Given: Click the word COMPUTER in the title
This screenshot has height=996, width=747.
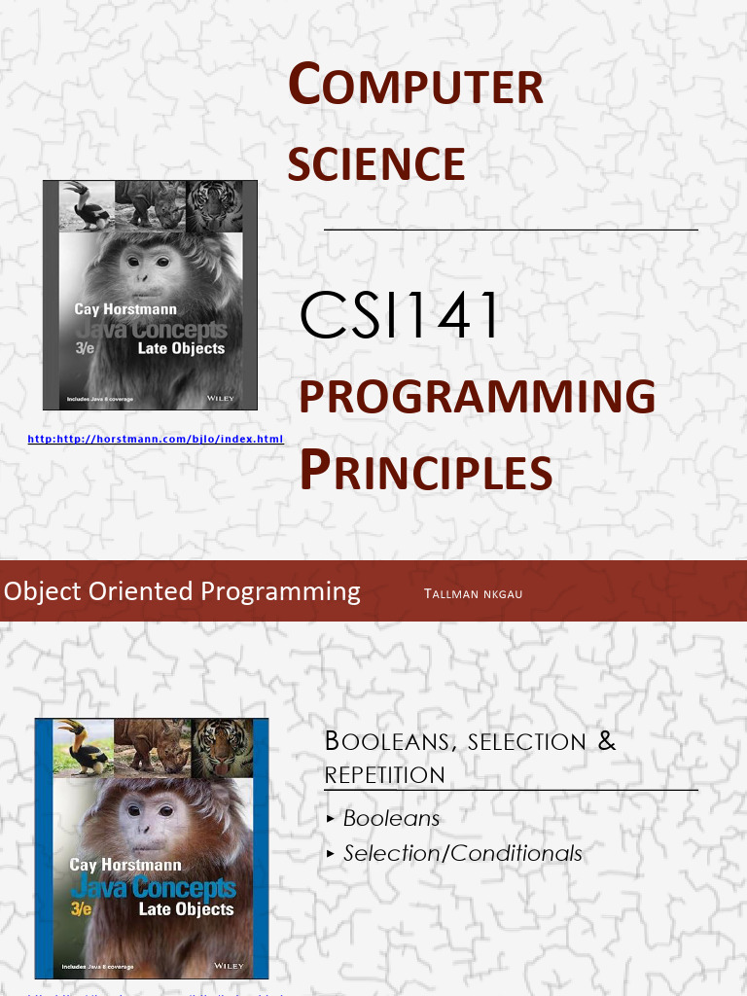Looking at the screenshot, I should click(415, 86).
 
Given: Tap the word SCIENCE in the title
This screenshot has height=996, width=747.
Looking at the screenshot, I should click(376, 163).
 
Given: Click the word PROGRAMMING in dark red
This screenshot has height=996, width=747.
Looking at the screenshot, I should click(477, 397).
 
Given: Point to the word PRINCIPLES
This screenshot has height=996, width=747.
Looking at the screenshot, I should click(425, 471).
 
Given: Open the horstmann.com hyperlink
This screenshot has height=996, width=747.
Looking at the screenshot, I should click(156, 440).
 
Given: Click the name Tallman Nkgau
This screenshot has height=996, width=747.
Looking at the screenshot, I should click(473, 593).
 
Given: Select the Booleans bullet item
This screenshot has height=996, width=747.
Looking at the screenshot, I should click(391, 819).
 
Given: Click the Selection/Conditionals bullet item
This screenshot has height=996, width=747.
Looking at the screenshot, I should click(462, 854).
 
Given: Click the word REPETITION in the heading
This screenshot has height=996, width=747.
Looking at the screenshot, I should click(384, 775).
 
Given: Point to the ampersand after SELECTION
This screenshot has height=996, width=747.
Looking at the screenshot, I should click(607, 741).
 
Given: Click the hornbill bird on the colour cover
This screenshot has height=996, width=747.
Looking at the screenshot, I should click(80, 745).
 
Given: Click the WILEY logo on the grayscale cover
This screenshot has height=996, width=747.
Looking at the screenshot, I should click(222, 399).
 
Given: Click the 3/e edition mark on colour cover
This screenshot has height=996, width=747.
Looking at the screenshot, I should click(84, 908).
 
